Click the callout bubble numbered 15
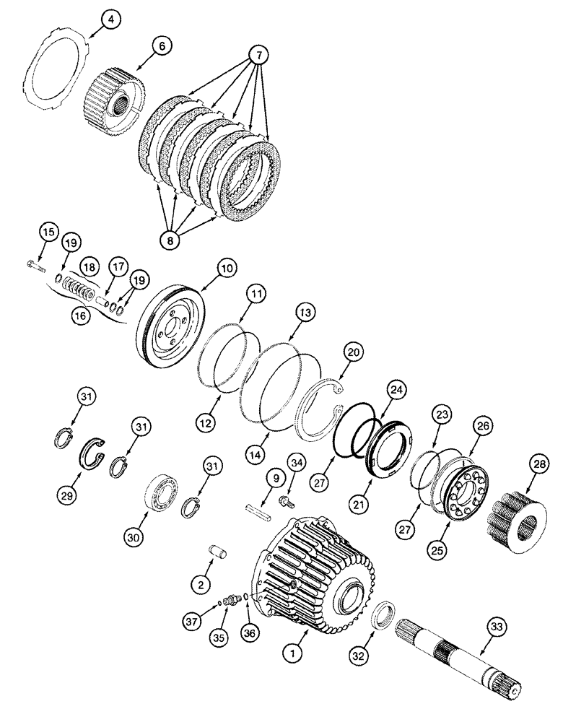point(48,232)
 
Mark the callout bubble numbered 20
point(354,352)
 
